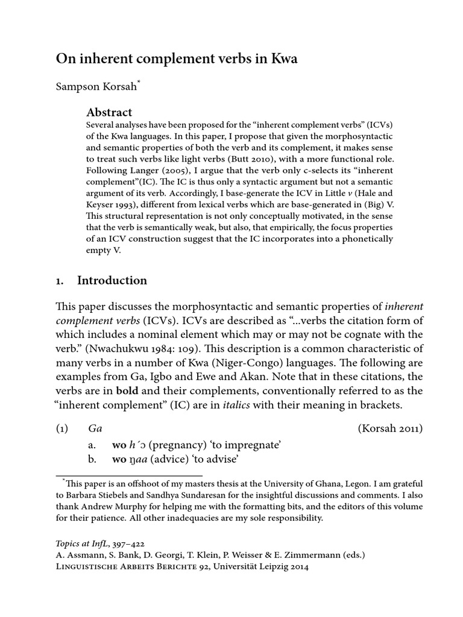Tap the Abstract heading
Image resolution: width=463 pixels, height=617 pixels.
[109, 112]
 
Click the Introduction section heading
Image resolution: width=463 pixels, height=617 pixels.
[112, 280]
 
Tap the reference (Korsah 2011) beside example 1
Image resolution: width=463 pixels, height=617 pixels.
[390, 429]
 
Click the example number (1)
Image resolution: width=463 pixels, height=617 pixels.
[62, 429]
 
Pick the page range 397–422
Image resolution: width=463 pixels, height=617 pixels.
[126, 543]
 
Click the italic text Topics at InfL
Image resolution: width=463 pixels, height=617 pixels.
[81, 543]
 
